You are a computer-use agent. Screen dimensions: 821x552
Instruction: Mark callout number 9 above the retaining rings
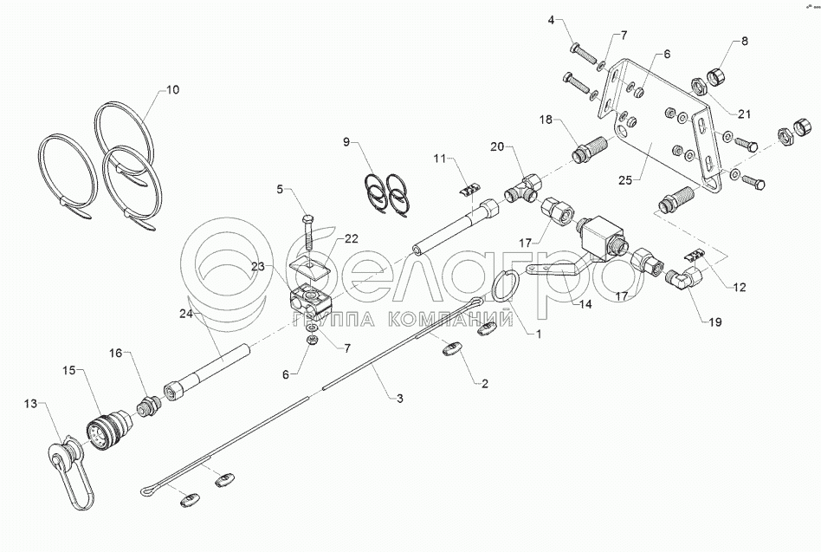click(347, 140)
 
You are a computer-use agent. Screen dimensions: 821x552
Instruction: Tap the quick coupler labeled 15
click(107, 428)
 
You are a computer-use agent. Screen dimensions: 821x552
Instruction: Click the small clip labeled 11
click(469, 188)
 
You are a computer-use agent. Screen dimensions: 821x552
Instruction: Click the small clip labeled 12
click(695, 254)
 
